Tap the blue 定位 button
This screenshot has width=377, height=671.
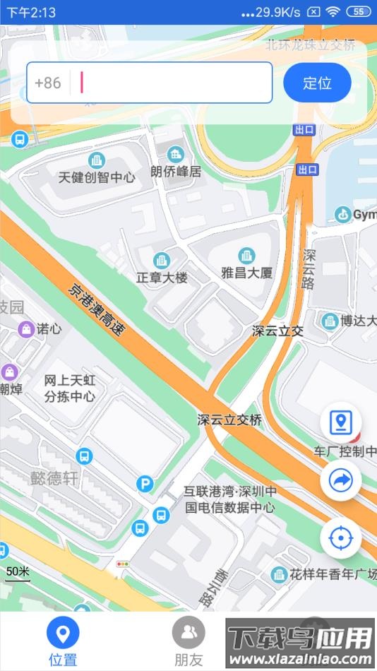click(x=317, y=83)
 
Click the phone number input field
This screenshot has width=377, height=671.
click(x=173, y=83)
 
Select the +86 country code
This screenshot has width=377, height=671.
click(x=48, y=83)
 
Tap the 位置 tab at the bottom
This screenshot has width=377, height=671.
click(x=63, y=642)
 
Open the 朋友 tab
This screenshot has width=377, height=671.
click(x=188, y=642)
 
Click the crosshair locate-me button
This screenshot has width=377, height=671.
click(x=341, y=538)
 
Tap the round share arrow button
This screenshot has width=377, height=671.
click(x=341, y=481)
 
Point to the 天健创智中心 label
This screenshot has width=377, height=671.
click(x=97, y=177)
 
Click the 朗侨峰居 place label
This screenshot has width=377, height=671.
click(x=176, y=172)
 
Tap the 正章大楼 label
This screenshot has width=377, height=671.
click(x=162, y=278)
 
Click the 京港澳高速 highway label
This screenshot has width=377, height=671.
click(x=96, y=309)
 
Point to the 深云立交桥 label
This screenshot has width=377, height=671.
click(x=229, y=420)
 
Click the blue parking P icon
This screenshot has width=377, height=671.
click(x=145, y=484)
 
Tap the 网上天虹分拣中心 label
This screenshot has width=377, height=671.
click(x=69, y=388)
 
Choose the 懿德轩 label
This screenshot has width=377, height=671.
click(x=54, y=478)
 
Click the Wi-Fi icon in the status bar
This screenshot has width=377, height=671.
click(x=333, y=12)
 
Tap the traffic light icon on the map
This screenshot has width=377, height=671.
click(x=124, y=564)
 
